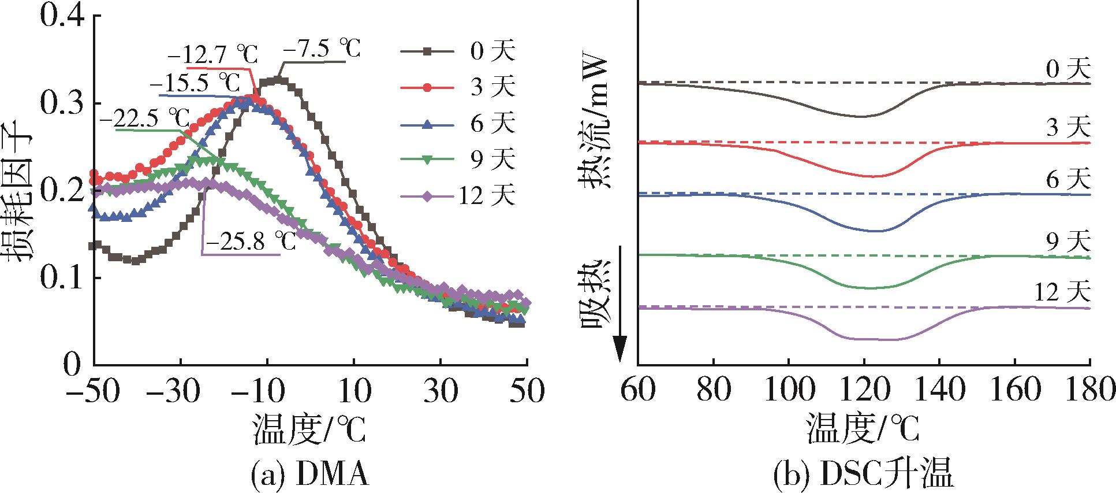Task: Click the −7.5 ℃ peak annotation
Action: coord(322,49)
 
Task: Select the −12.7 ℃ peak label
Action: coord(213,56)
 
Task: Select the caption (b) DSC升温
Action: coord(863,473)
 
